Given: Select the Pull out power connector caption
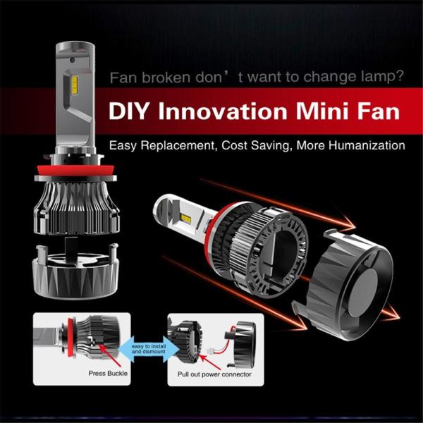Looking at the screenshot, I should (209, 374).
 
